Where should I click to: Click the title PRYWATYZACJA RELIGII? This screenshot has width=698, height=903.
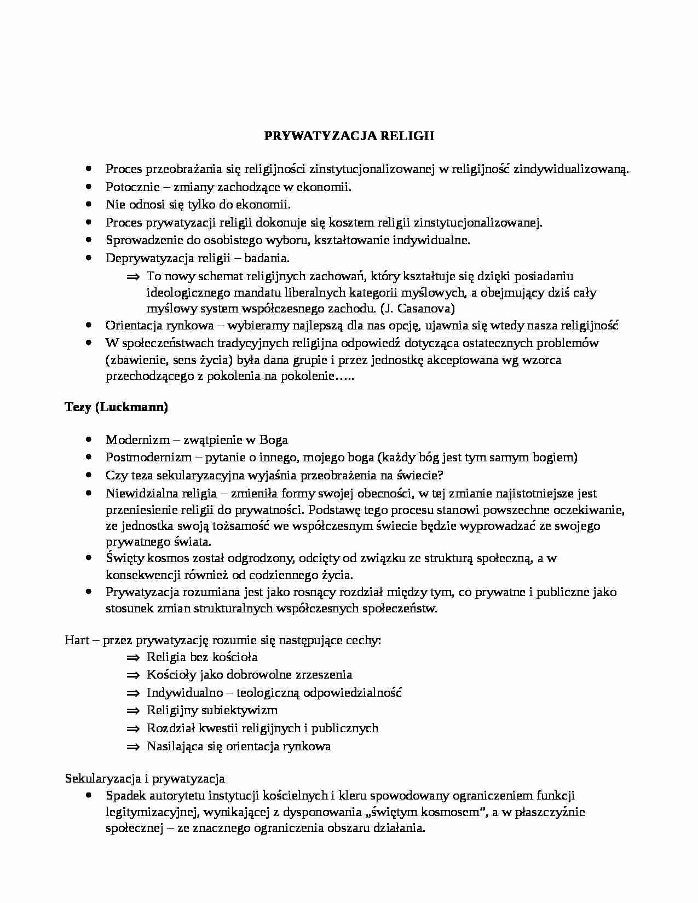click(x=349, y=136)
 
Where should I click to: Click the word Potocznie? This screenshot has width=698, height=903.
click(x=129, y=187)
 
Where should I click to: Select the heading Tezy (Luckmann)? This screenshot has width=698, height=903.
click(x=116, y=407)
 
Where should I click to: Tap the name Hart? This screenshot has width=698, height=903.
click(x=77, y=640)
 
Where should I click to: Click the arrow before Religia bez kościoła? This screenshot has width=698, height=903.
click(x=133, y=657)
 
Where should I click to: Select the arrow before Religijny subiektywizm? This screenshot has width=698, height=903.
click(x=133, y=711)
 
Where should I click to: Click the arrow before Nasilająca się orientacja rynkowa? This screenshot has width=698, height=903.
click(x=133, y=746)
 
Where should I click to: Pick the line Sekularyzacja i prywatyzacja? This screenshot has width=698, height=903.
click(x=145, y=778)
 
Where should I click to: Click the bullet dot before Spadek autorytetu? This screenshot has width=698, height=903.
click(x=89, y=795)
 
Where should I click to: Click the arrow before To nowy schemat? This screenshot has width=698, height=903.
click(x=133, y=276)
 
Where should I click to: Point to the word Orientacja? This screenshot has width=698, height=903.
click(x=133, y=326)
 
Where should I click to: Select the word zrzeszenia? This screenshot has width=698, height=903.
click(x=324, y=675)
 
